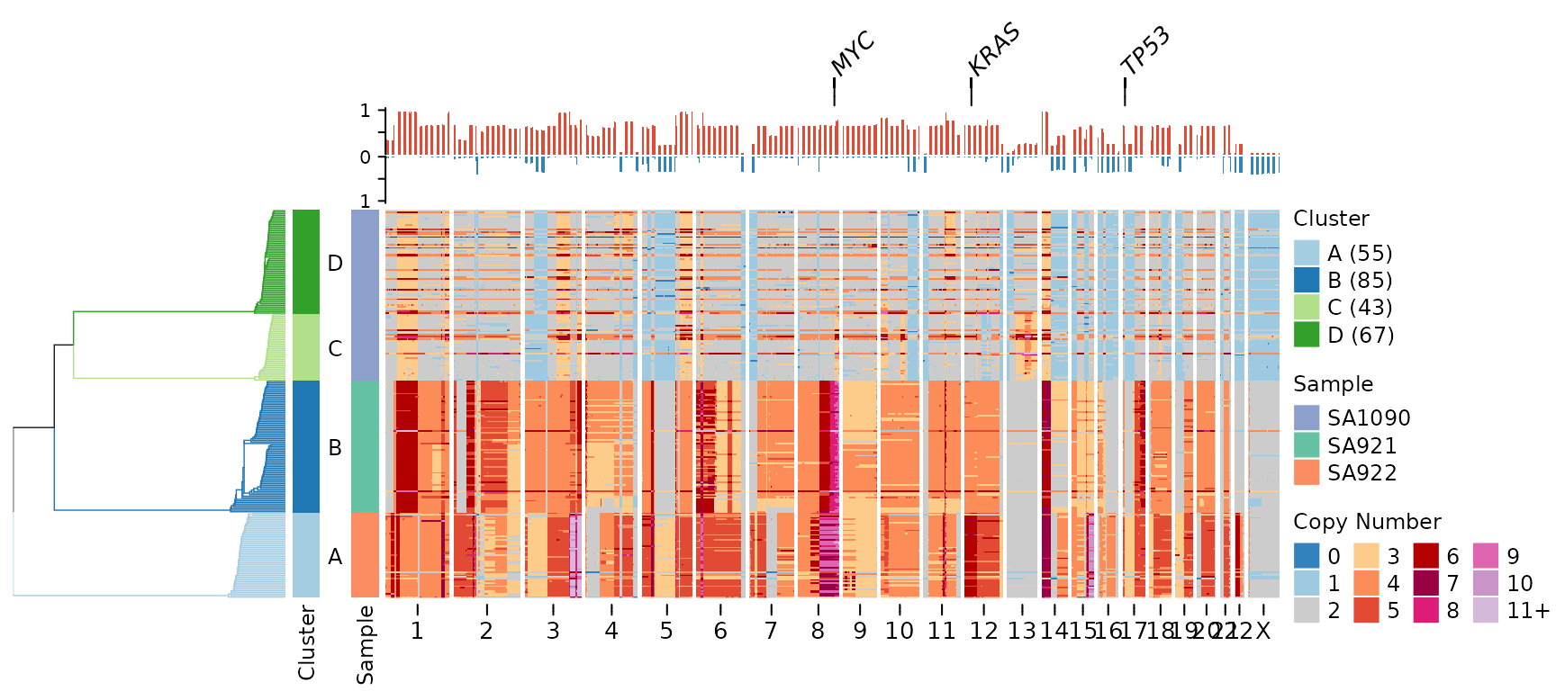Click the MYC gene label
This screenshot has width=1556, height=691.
click(852, 53)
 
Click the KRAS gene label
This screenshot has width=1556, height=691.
click(994, 49)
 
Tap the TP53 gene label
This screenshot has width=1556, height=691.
click(1145, 50)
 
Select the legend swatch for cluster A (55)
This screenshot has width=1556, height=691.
click(1307, 253)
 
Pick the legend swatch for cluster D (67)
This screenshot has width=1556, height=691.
click(1307, 335)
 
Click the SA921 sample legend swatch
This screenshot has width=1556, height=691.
click(1307, 445)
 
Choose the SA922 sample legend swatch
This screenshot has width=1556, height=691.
click(1307, 472)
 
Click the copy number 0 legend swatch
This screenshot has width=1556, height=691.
click(1307, 556)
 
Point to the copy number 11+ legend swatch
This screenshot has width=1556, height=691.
click(1487, 610)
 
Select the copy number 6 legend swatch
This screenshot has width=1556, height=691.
click(1426, 556)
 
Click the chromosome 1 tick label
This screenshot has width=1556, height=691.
click(417, 631)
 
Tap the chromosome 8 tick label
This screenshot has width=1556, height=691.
click(818, 631)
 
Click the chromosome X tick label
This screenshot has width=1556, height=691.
click(1263, 631)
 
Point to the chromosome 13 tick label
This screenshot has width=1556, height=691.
click(1022, 631)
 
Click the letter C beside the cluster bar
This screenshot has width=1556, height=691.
click(335, 348)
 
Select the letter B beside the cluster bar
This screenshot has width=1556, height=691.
click(335, 447)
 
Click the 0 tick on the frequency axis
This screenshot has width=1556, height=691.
click(365, 157)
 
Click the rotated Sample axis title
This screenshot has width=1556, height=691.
click(365, 644)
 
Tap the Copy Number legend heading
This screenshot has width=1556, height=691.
click(1367, 522)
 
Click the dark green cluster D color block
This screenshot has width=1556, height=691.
click(306, 261)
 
